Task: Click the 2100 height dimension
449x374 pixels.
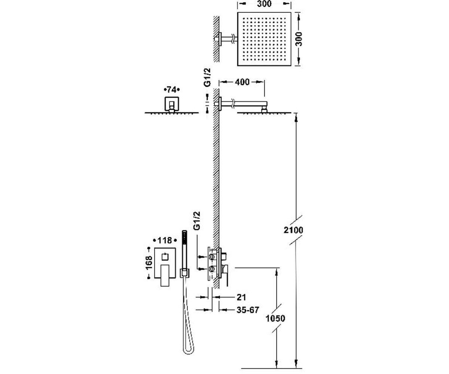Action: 293,230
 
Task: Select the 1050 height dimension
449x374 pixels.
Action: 275,318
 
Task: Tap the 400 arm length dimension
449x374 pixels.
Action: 242,82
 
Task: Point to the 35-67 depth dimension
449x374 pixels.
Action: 248,310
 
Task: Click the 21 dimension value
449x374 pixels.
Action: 241,297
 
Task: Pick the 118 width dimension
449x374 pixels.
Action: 165,240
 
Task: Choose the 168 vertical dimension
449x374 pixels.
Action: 149,263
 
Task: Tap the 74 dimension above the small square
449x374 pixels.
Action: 171,90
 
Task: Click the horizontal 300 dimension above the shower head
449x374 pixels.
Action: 264,4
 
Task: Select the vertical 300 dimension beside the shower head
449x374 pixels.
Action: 299,39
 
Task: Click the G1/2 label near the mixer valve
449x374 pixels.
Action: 197,221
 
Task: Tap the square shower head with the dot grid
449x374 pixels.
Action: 264,39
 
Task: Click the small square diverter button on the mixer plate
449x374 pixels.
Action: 165,257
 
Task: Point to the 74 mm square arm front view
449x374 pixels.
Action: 172,104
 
